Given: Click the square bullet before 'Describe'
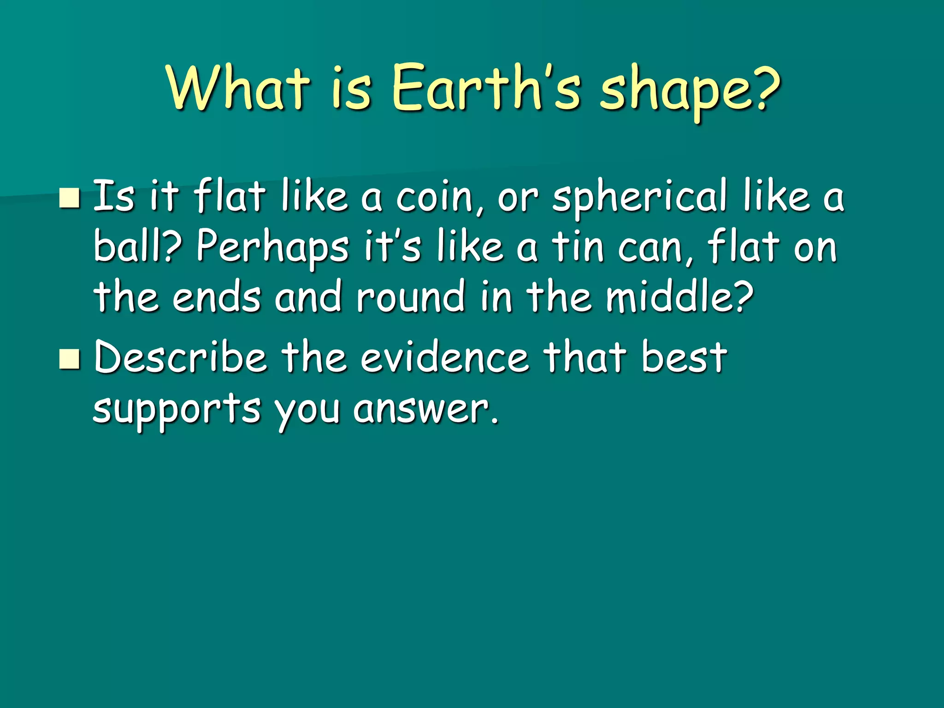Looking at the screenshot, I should pyautogui.click(x=70, y=360).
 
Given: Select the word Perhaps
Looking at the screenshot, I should pyautogui.click(x=272, y=249).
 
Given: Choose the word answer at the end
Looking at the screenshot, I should pyautogui.click(x=426, y=409).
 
